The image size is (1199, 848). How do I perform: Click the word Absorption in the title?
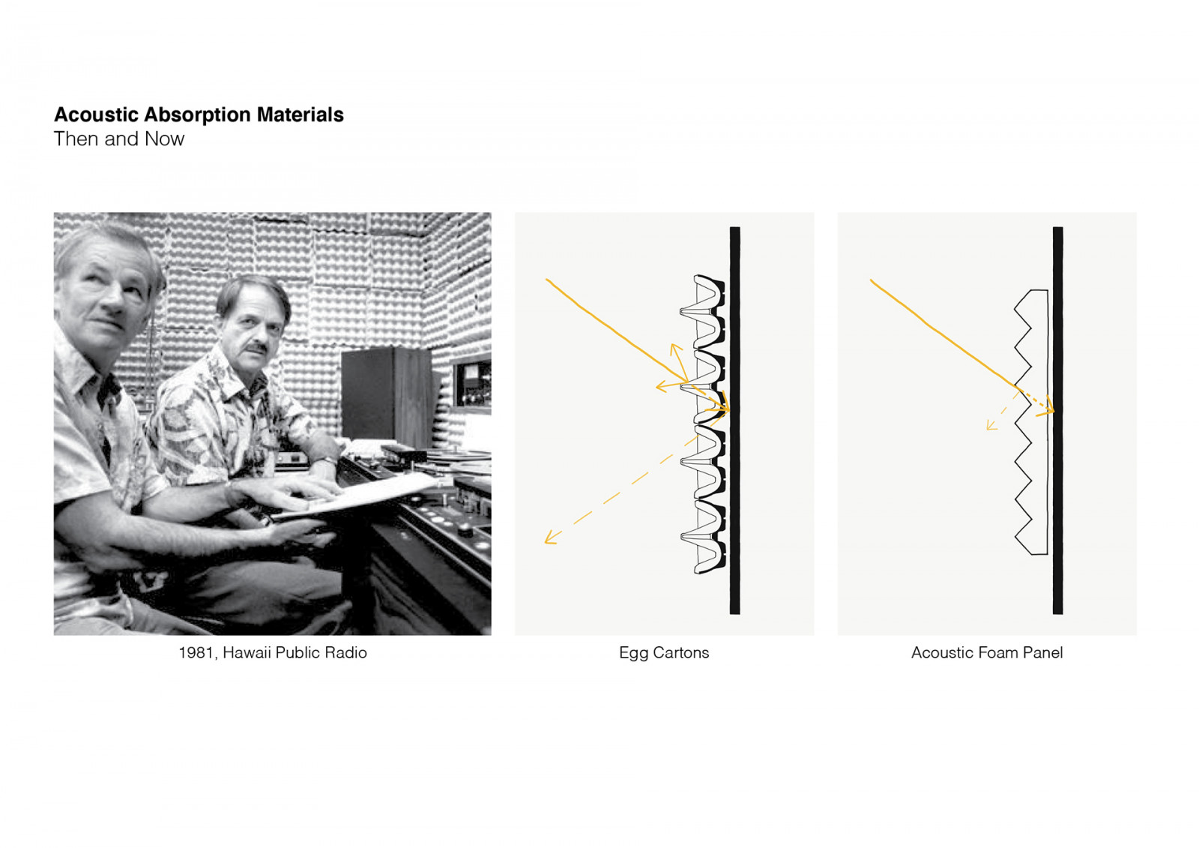click(x=198, y=115)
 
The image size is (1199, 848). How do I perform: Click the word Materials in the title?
click(x=300, y=115)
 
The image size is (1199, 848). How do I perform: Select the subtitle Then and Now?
click(x=119, y=139)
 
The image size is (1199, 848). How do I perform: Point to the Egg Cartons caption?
click(x=664, y=653)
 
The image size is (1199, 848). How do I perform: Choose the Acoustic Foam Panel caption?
click(x=986, y=652)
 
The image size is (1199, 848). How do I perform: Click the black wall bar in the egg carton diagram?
click(x=735, y=421)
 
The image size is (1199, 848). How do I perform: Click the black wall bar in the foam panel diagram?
click(x=1057, y=421)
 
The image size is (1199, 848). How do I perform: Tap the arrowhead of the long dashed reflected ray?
click(x=550, y=538)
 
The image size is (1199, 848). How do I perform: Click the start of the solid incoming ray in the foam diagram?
click(x=871, y=280)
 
